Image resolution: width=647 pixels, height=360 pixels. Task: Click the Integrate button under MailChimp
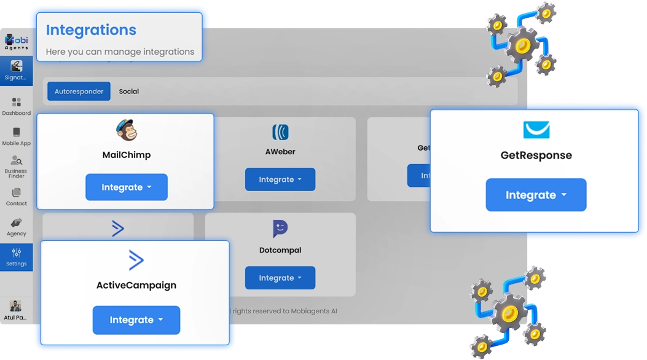[126, 187]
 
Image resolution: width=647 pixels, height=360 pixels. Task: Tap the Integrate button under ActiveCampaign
[136, 320]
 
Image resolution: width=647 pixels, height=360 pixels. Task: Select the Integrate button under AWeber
[280, 179]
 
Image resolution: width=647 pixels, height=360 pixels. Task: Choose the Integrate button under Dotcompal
[280, 278]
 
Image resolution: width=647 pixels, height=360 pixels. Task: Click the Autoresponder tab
[79, 92]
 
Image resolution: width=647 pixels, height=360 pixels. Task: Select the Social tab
[129, 92]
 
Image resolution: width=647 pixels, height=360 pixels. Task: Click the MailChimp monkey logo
[127, 130]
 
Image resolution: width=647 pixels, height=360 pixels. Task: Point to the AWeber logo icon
[280, 132]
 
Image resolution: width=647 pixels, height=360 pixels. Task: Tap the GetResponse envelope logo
[536, 130]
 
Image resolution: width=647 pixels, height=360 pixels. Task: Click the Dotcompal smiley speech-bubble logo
[280, 229]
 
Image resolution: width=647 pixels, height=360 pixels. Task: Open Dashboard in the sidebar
[17, 106]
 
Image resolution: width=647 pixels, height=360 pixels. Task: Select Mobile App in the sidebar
[17, 136]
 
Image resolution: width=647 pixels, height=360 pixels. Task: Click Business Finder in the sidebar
[17, 166]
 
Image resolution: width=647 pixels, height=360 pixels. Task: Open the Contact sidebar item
[17, 197]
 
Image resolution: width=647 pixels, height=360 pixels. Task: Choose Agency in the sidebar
[17, 226]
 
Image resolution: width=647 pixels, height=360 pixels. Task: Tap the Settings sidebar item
[17, 257]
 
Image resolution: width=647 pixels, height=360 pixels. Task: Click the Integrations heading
[91, 30]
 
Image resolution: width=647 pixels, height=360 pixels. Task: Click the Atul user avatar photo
[16, 305]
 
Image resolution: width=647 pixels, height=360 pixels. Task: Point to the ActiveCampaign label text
[136, 285]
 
